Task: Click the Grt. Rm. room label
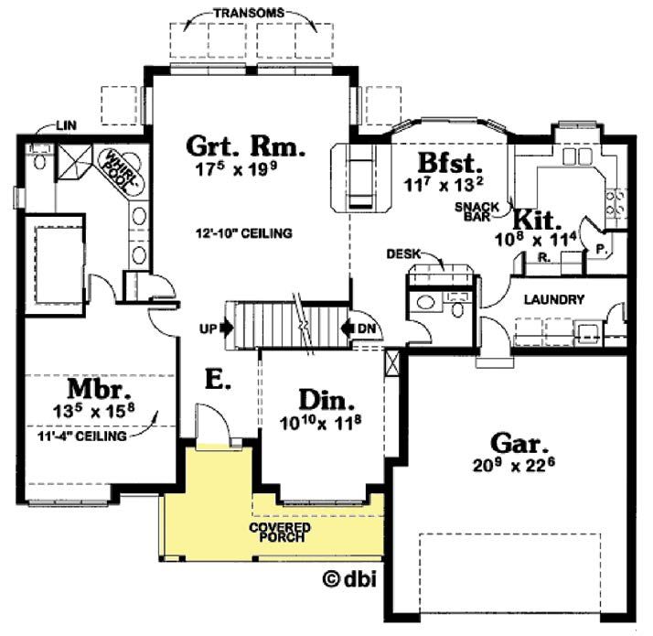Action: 246,146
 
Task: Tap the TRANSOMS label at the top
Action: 249,13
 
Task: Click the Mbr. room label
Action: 99,389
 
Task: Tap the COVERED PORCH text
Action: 280,533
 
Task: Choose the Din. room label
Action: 326,400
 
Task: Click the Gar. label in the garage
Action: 519,443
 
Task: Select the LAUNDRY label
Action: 554,299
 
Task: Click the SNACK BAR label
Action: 476,211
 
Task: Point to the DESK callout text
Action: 403,253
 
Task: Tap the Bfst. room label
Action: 450,163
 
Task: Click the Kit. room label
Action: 536,220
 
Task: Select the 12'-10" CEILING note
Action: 244,233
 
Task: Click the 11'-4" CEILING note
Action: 82,437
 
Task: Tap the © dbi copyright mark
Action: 349,579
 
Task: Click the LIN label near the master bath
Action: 66,125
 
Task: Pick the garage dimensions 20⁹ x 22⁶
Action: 514,465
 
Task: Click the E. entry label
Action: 219,379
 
